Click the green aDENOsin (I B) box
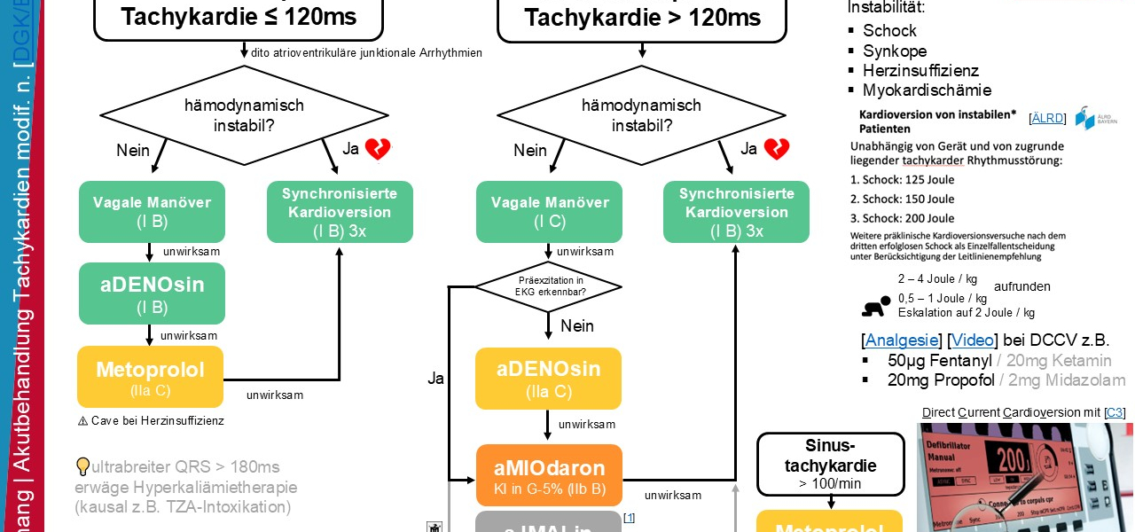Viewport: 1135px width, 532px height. coord(152,293)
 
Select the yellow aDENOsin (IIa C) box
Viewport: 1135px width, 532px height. coord(549,379)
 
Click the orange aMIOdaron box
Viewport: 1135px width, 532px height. coord(549,476)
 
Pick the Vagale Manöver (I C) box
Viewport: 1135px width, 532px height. coord(550,212)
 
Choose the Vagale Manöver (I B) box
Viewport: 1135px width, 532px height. coord(152,212)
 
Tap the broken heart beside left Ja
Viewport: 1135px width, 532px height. coord(378,149)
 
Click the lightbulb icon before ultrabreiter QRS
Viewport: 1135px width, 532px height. coord(83,466)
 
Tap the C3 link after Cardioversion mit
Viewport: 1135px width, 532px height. coord(1115,412)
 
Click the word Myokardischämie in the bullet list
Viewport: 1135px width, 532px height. coord(927,90)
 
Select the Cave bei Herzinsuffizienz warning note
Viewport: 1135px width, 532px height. coord(151,420)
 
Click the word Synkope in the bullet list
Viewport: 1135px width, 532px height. coord(895,51)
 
